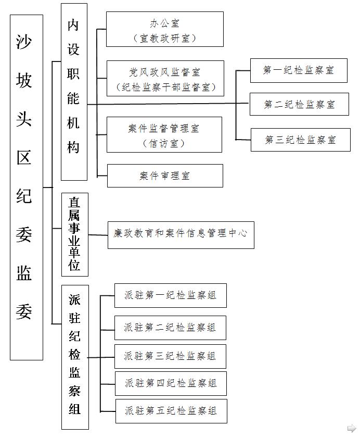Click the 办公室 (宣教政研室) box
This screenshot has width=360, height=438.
164,29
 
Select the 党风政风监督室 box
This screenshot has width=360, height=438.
165,78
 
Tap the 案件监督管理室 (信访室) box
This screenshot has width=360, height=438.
164,135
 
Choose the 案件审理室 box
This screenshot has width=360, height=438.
165,176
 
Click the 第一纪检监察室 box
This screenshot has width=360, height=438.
299,70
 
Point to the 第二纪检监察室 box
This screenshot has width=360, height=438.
299,104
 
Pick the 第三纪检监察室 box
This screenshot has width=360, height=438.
301,140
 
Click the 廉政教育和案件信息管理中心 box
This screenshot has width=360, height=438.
181,235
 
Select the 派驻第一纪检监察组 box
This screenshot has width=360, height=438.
171,295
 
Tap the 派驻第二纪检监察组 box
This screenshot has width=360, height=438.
170,328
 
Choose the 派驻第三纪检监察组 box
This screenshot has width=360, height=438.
170,356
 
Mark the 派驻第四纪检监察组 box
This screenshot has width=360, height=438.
171,383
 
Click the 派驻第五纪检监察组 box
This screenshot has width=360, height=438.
171,411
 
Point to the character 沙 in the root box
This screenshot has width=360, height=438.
24,42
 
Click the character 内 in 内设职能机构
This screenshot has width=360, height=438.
73,25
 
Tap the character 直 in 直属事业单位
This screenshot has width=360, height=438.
74,202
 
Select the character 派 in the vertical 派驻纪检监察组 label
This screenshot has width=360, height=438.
74,300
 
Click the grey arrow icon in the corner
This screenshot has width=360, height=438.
352,428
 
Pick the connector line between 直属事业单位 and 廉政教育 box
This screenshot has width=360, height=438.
98,235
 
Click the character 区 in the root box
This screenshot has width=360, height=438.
24,158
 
